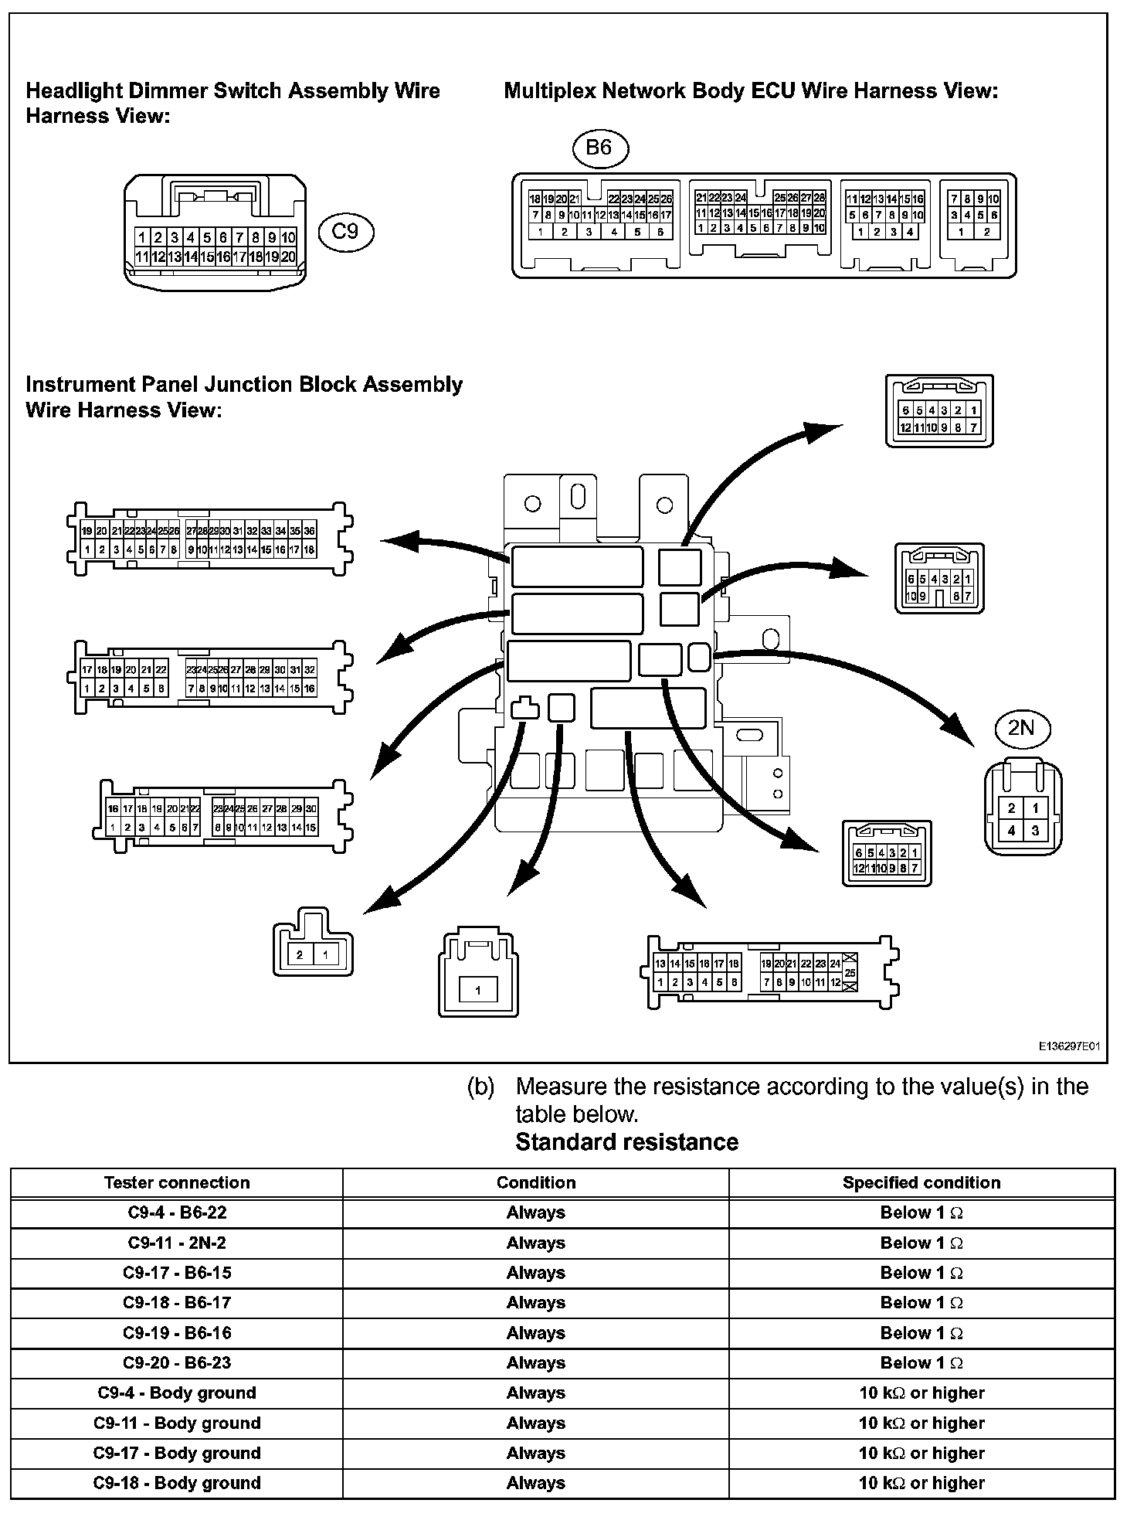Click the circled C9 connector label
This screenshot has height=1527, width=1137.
click(x=345, y=231)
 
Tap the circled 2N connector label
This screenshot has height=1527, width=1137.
click(x=1021, y=727)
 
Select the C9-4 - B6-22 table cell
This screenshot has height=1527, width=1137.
click(x=177, y=1212)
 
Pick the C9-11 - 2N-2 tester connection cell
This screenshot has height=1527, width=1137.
click(x=177, y=1243)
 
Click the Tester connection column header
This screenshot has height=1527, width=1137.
click(x=177, y=1182)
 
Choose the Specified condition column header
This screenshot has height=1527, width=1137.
click(x=921, y=1182)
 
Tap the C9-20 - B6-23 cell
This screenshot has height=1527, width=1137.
click(x=177, y=1362)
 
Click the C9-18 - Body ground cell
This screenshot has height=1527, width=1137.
click(x=177, y=1483)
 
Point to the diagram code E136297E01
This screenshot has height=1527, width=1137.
click(x=1068, y=1047)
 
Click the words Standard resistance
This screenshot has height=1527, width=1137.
click(x=626, y=1142)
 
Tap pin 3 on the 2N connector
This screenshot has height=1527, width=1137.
click(x=1035, y=831)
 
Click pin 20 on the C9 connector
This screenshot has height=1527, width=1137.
click(x=288, y=257)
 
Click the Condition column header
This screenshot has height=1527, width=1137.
click(x=535, y=1182)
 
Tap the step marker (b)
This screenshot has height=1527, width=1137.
click(x=480, y=1087)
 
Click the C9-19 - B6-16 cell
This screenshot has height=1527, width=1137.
click(x=177, y=1333)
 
